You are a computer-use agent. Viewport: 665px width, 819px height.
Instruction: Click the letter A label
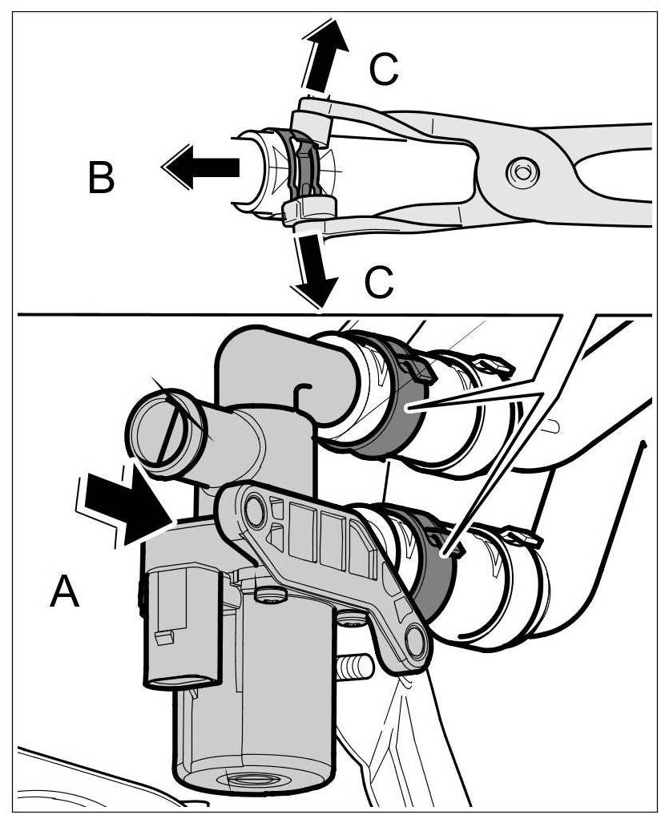[x=65, y=593]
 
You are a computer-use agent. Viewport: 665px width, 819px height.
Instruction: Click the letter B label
[x=101, y=179]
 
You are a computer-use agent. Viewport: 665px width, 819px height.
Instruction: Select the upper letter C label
[x=383, y=71]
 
